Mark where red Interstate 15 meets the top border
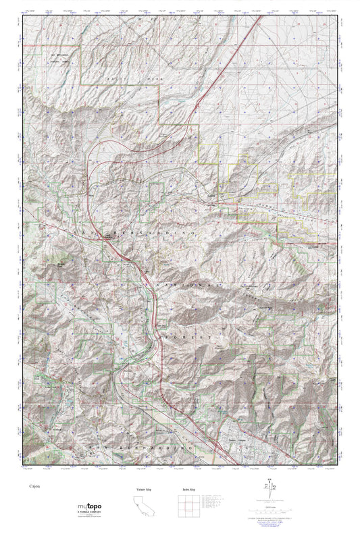pos(261,18)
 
